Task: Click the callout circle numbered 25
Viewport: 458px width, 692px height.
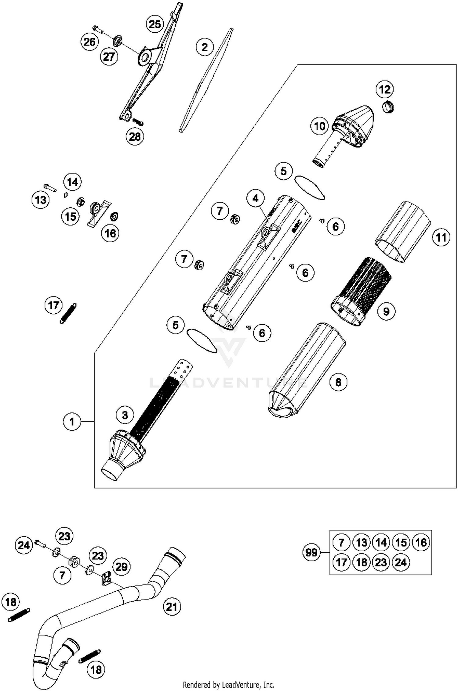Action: [155, 24]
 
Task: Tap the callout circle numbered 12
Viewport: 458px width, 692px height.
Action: [385, 89]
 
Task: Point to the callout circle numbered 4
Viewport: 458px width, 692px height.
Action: [255, 199]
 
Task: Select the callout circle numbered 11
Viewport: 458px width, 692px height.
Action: [441, 237]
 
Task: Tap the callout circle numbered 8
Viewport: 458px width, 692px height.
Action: [338, 382]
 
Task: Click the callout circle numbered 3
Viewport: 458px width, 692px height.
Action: [125, 415]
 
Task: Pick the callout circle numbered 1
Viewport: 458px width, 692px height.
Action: [72, 422]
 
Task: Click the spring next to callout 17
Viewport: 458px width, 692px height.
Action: [68, 313]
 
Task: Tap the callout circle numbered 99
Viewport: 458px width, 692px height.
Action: [311, 552]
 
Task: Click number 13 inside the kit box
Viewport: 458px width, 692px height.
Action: [361, 542]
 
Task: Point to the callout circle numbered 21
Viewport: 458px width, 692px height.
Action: [172, 607]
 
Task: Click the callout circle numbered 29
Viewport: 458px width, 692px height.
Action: [121, 567]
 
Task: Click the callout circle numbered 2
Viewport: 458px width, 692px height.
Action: [205, 47]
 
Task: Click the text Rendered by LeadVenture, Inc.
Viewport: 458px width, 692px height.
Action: [228, 685]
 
